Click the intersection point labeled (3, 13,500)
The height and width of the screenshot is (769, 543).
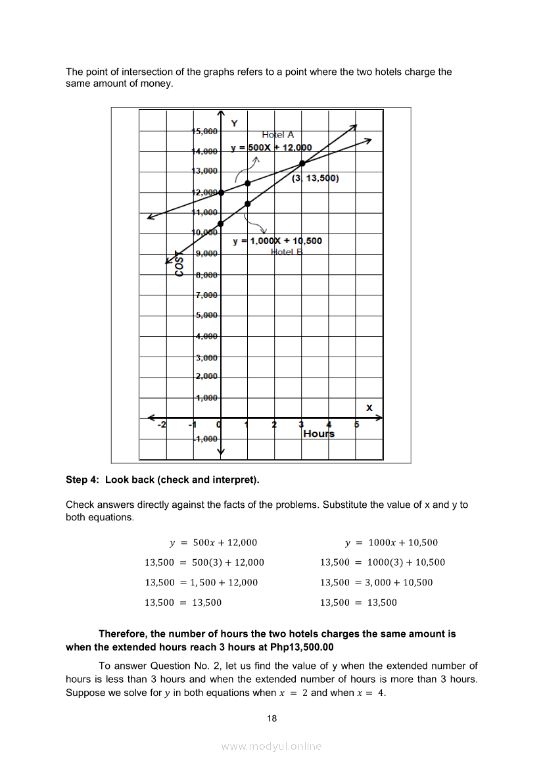pyautogui.click(x=302, y=163)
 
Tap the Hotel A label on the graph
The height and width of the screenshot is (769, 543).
pyautogui.click(x=278, y=135)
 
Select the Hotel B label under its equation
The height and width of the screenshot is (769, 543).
pyautogui.click(x=287, y=252)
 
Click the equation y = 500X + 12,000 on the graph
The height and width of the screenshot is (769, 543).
pyautogui.click(x=271, y=147)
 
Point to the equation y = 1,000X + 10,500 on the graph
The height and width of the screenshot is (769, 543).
pyautogui.click(x=277, y=241)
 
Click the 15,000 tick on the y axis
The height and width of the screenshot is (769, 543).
pyautogui.click(x=204, y=131)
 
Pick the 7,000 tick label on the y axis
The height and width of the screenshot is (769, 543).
pyautogui.click(x=206, y=295)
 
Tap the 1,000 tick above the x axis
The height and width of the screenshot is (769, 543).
pyautogui.click(x=206, y=398)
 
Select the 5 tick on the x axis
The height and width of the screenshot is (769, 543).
pyautogui.click(x=357, y=425)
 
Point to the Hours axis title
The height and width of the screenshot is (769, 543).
pyautogui.click(x=319, y=434)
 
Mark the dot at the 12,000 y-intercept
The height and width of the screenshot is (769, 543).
pyautogui.click(x=221, y=192)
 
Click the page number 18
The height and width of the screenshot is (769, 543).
pyautogui.click(x=272, y=718)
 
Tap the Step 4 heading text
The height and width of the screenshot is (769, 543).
pyautogui.click(x=162, y=480)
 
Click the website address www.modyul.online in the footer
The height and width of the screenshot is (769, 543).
pyautogui.click(x=271, y=747)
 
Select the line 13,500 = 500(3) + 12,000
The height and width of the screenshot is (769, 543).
pyautogui.click(x=204, y=562)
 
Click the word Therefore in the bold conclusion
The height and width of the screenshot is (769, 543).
pyautogui.click(x=123, y=634)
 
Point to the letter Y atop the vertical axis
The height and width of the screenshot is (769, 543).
pyautogui.click(x=235, y=123)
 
